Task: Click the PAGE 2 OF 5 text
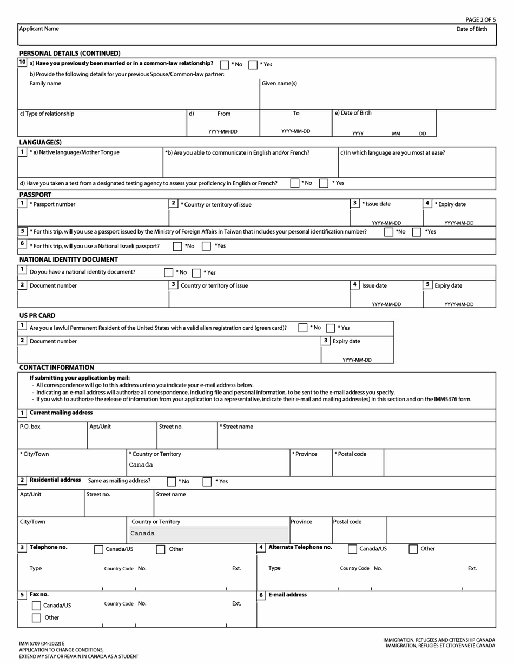pyautogui.click(x=480, y=19)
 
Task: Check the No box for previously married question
pyautogui.click(x=225, y=64)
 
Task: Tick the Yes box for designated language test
pyautogui.click(x=324, y=183)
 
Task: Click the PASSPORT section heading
pyautogui.click(x=36, y=194)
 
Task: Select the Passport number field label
pyautogui.click(x=52, y=204)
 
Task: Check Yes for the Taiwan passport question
pyautogui.click(x=417, y=232)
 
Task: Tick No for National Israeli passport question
pyautogui.click(x=177, y=246)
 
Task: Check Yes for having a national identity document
pyautogui.click(x=197, y=272)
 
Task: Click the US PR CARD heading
pyautogui.click(x=37, y=315)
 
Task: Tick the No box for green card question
pyautogui.click(x=303, y=328)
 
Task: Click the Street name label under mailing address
pyautogui.click(x=236, y=427)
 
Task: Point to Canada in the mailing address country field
pyautogui.click(x=141, y=465)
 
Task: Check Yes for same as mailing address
pyautogui.click(x=207, y=481)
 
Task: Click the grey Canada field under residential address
pyautogui.click(x=208, y=533)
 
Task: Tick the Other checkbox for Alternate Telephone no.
pyautogui.click(x=413, y=549)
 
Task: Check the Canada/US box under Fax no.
pyautogui.click(x=37, y=606)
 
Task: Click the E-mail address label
pyautogui.click(x=287, y=595)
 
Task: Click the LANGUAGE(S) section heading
pyautogui.click(x=41, y=142)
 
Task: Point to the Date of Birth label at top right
pyautogui.click(x=471, y=29)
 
